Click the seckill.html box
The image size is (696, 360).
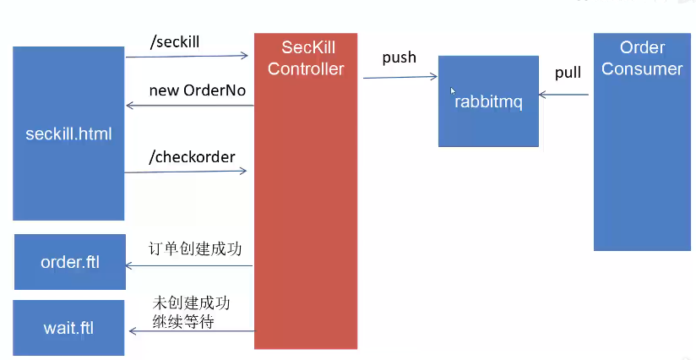pyautogui.click(x=69, y=134)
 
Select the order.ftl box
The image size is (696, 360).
pyautogui.click(x=70, y=262)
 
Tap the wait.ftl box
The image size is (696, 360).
pyautogui.click(x=69, y=327)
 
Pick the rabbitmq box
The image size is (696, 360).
pyautogui.click(x=488, y=101)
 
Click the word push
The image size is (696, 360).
pyautogui.click(x=399, y=57)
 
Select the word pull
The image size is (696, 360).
pyautogui.click(x=568, y=73)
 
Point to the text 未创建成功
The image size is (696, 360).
pyautogui.click(x=192, y=303)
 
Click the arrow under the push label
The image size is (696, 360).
pyautogui.click(x=400, y=78)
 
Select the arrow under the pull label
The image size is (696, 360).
pyautogui.click(x=564, y=95)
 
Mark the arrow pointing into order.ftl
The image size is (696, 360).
pyautogui.click(x=189, y=265)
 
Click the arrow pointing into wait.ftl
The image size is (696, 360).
pyautogui.click(x=189, y=330)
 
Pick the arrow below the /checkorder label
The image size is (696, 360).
pyautogui.click(x=186, y=172)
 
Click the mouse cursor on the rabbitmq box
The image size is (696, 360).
pyautogui.click(x=454, y=90)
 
